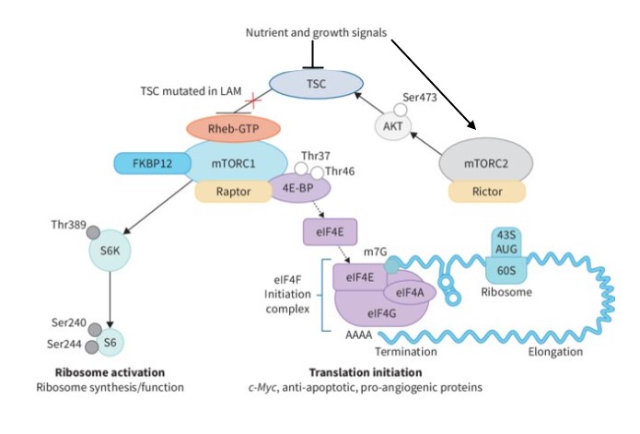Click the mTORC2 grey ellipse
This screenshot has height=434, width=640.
click(486, 164)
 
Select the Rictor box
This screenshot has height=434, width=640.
click(486, 192)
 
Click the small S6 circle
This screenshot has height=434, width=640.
click(111, 343)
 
